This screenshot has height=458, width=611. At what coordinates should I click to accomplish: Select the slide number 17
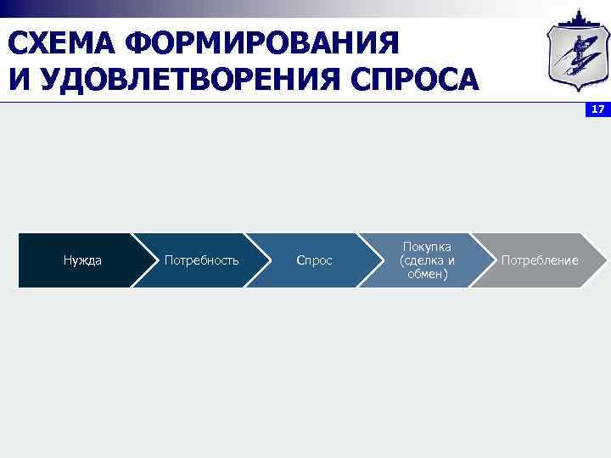(598, 109)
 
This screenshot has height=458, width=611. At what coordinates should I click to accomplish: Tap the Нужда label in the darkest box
(82, 260)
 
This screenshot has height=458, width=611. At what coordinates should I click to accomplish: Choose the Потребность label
(201, 260)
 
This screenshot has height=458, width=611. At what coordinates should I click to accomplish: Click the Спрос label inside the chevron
(314, 260)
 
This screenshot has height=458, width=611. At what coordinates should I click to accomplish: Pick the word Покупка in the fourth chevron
(427, 246)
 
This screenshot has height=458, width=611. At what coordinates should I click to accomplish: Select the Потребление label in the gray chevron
(540, 260)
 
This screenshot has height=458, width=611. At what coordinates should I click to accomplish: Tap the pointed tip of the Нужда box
(157, 260)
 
